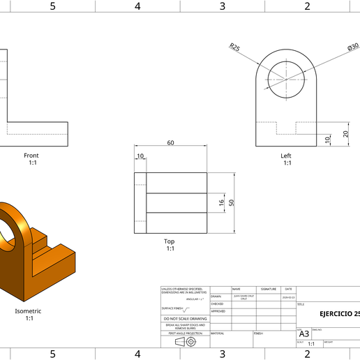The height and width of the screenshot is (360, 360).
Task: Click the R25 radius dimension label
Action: coord(234,47)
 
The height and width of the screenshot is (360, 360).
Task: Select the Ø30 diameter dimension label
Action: coord(352,47)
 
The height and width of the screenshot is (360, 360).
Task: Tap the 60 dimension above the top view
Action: coord(170,143)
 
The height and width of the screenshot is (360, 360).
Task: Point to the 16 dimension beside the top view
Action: coord(222,202)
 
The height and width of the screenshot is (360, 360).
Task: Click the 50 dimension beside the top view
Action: coord(232,202)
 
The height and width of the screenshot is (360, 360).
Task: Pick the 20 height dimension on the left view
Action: coord(345,134)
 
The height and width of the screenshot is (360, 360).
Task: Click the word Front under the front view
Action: coord(31,156)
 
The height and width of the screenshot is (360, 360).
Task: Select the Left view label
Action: coord(286,156)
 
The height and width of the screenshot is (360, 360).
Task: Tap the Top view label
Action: coord(170,241)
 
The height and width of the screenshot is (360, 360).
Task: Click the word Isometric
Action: coord(29,311)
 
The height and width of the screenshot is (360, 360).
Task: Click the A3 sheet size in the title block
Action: coord(304,333)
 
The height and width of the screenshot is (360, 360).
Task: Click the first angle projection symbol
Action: coord(185,341)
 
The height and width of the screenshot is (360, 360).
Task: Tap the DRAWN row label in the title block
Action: coord(216,297)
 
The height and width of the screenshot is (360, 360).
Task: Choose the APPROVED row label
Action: coord(218,311)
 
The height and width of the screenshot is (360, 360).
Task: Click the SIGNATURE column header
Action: coord(269,289)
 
